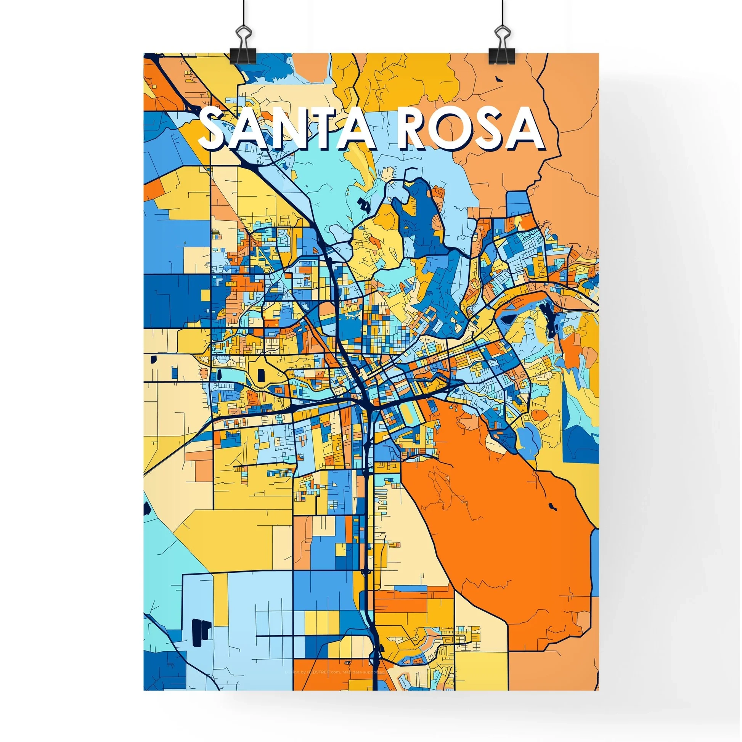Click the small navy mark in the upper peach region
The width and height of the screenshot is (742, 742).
tap(499, 79)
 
